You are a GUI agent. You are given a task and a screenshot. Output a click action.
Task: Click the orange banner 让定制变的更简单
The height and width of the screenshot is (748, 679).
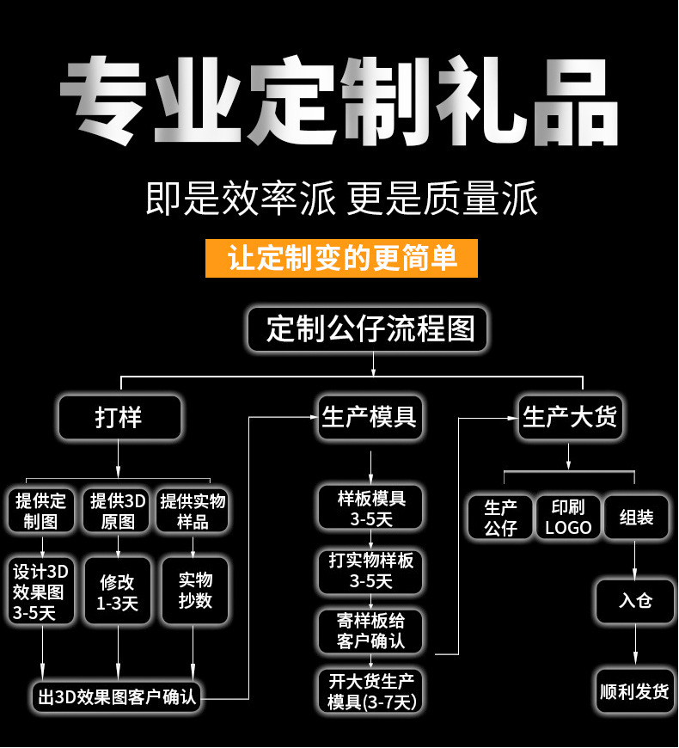point(341,258)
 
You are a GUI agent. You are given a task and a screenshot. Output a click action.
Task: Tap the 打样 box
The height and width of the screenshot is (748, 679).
point(119,418)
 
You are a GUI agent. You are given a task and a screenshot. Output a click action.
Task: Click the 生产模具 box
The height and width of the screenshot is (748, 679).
point(370,418)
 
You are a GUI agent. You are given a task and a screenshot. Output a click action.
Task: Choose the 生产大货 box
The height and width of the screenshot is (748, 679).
point(570,418)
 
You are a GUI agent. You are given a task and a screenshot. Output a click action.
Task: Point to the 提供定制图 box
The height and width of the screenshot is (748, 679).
point(41,512)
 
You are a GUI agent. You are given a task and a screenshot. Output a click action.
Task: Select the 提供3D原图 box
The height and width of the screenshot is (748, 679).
point(118,512)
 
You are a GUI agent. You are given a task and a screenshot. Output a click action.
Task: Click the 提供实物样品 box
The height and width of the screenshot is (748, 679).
point(193,512)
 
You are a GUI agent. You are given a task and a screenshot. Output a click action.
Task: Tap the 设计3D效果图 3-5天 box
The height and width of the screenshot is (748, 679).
point(41,592)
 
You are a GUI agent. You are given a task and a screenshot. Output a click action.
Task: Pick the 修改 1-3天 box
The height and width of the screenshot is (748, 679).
point(118,592)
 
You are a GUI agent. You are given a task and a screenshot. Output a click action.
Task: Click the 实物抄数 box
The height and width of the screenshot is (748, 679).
point(194,592)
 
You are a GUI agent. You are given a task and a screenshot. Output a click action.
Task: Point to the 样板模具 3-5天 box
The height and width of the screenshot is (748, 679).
point(370,508)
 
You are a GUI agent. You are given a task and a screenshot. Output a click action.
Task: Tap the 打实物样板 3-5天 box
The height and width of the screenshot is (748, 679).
point(370,570)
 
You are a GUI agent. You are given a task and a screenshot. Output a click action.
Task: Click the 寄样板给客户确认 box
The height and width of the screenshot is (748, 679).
point(370,631)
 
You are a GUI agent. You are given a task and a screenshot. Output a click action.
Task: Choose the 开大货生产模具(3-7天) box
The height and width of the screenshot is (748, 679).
point(370,691)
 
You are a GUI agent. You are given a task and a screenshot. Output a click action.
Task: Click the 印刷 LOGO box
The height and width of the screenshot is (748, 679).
point(568,517)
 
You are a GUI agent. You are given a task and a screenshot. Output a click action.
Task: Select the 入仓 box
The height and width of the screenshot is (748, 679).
point(635,600)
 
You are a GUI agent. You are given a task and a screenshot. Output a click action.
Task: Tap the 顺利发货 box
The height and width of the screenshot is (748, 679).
point(635,690)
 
